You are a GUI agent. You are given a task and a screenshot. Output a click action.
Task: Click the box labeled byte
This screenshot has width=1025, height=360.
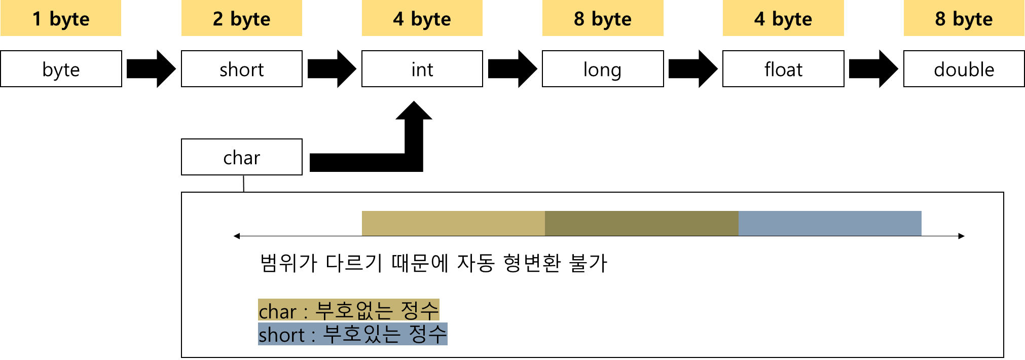[x=61, y=69]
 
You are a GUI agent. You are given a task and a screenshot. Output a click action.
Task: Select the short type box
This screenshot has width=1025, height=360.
[x=242, y=69]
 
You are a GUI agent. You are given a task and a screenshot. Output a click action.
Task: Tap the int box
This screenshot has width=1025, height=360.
[x=422, y=69]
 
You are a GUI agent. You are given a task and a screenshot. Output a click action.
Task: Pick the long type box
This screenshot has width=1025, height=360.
[x=603, y=69]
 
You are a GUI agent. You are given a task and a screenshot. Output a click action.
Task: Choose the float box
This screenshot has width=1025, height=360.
[x=783, y=69]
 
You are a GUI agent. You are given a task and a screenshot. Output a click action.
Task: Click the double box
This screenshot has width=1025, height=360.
[x=964, y=69]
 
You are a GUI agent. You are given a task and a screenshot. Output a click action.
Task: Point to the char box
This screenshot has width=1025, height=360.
[x=242, y=157]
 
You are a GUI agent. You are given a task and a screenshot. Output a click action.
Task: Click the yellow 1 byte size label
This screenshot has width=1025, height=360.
[x=61, y=18]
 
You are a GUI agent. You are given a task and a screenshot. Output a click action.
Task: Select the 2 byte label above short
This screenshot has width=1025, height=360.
[x=242, y=18]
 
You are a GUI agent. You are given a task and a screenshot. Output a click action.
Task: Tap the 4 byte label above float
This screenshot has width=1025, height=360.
[x=783, y=18]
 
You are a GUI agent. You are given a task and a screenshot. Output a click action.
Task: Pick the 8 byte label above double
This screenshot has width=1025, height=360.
[x=964, y=18]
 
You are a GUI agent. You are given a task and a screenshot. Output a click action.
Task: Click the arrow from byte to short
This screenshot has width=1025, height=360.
[x=151, y=69]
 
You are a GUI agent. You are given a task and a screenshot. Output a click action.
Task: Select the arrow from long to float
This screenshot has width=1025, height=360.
[x=693, y=69]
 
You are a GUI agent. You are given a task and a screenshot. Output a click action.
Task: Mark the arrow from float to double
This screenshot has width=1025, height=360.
[x=873, y=69]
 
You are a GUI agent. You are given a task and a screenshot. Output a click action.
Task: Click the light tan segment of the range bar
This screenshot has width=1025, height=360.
[x=453, y=224]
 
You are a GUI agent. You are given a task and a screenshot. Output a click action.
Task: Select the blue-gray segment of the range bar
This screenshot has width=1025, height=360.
[x=830, y=224]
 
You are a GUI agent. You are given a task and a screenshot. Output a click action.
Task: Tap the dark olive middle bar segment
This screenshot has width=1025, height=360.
[x=642, y=224]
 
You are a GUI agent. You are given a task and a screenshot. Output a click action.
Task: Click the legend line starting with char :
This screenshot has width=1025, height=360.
[x=349, y=310]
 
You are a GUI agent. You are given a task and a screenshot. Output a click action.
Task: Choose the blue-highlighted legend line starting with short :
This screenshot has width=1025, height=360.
[x=353, y=334]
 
